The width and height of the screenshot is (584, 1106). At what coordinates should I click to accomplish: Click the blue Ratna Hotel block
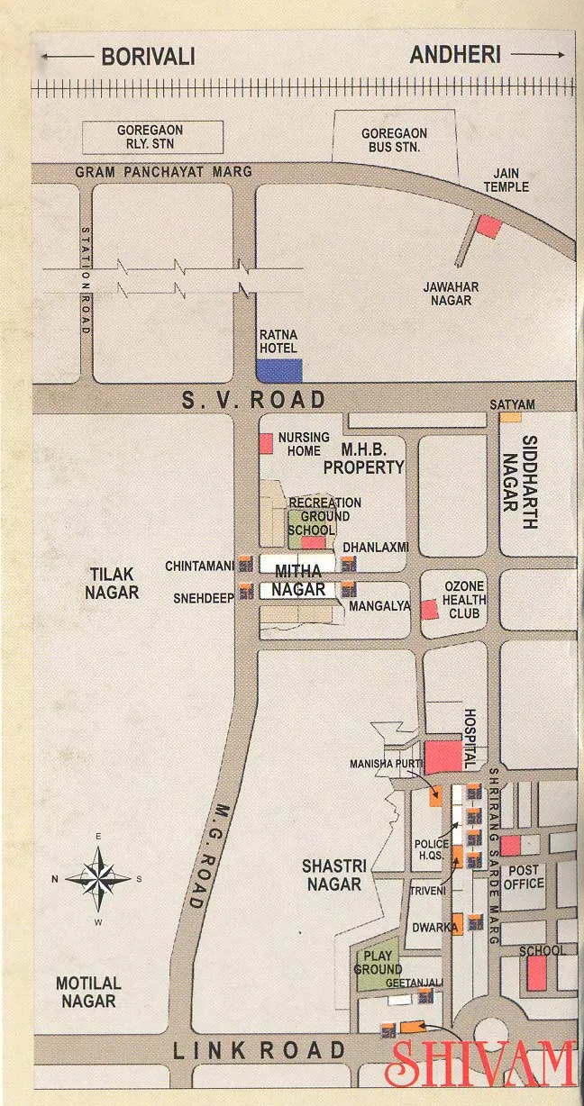[279, 371]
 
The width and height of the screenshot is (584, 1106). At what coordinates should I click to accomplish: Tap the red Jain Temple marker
[488, 226]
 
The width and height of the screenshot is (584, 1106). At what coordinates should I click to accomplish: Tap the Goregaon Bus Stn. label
[395, 140]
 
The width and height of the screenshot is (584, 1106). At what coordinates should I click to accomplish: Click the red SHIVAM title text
[480, 1064]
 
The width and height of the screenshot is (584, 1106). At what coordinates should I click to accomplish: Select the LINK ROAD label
[260, 1049]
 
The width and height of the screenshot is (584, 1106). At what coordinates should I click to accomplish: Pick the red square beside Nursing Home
[266, 443]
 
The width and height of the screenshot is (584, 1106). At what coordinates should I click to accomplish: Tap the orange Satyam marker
[510, 417]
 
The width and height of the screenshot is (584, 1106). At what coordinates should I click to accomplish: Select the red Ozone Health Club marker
[429, 610]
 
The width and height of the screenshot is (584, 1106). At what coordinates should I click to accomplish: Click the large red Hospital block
[443, 757]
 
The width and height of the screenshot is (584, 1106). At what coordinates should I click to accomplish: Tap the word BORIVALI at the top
[148, 56]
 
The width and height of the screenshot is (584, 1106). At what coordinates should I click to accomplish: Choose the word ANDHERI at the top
[455, 55]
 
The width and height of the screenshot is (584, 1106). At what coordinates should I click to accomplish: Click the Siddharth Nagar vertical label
[529, 482]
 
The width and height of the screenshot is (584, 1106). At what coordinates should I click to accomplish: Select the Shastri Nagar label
[333, 875]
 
